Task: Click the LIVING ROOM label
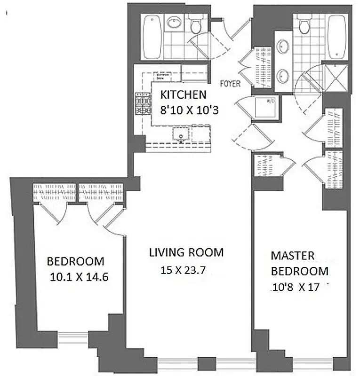(x=186, y=252)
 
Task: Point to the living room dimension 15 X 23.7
(x=184, y=270)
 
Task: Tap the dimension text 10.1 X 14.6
(x=79, y=277)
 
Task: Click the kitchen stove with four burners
(x=143, y=104)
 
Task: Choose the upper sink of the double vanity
(x=284, y=46)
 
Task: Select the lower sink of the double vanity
(x=284, y=74)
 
